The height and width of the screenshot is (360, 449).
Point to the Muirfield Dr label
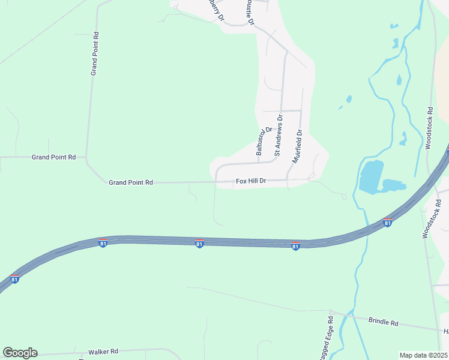[x=296, y=146]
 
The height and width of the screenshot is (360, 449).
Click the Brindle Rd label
[x=383, y=323]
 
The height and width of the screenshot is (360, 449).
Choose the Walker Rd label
[x=103, y=352]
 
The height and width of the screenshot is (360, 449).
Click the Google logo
[x=20, y=353]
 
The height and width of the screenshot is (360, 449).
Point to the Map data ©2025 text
[x=423, y=355]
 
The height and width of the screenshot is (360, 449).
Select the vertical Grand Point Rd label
[x=94, y=53]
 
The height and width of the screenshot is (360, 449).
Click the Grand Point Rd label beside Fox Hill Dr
[x=131, y=182]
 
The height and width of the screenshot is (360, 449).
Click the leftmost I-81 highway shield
[x=14, y=279]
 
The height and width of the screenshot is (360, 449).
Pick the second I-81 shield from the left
[x=103, y=243]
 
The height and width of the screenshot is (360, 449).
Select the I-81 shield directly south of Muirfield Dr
[x=295, y=246]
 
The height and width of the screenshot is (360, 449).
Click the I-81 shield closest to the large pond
[x=388, y=223]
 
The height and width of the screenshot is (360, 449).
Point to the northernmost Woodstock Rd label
[x=430, y=128]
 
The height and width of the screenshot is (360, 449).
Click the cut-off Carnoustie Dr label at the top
[x=250, y=12]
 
